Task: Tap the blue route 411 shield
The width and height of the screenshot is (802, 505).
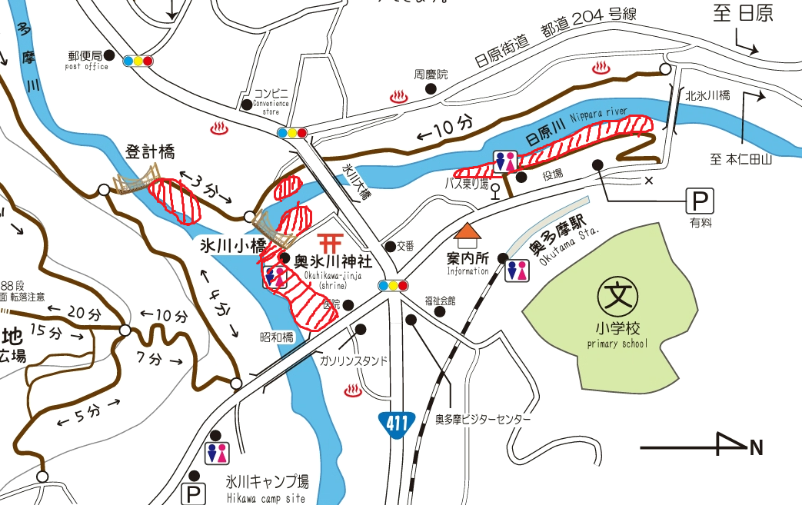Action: click(x=397, y=423)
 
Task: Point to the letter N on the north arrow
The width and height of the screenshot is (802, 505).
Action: click(x=757, y=447)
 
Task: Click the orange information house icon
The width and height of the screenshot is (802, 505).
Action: click(x=468, y=232)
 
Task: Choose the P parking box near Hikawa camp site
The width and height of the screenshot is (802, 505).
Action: click(x=193, y=493)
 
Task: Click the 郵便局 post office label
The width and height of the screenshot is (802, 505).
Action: click(x=84, y=56)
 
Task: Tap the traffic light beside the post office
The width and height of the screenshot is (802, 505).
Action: click(x=138, y=61)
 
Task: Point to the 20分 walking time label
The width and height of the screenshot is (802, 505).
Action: click(x=84, y=314)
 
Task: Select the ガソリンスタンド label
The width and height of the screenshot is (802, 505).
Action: click(x=354, y=360)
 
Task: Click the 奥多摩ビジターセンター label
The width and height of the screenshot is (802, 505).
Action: click(x=483, y=420)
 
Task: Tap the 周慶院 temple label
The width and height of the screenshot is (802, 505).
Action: click(x=431, y=75)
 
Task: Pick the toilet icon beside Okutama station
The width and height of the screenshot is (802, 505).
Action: click(x=517, y=270)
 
